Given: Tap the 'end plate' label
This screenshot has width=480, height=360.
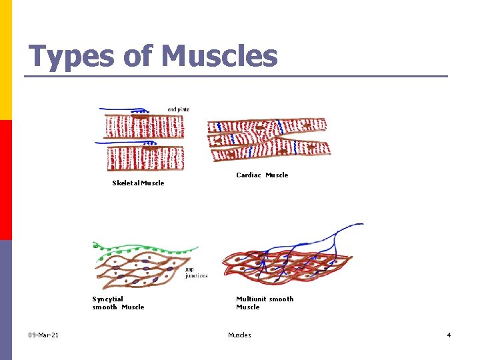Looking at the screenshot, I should [178, 109].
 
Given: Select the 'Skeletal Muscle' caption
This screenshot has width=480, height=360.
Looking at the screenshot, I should [138, 183].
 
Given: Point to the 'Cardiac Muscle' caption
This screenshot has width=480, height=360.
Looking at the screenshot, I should [262, 175].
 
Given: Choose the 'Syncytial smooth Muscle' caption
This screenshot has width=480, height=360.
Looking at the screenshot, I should [118, 303].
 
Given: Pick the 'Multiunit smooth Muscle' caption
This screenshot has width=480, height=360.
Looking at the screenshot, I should [265, 303].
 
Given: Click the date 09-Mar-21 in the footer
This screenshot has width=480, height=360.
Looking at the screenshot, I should [43, 335].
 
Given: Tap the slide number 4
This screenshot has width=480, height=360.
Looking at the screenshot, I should [449, 335].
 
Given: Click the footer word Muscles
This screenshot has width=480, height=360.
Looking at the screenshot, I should [239, 335].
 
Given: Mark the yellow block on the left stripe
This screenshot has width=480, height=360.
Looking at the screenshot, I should [5, 60].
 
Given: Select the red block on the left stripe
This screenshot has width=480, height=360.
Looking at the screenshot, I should [5, 180].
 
